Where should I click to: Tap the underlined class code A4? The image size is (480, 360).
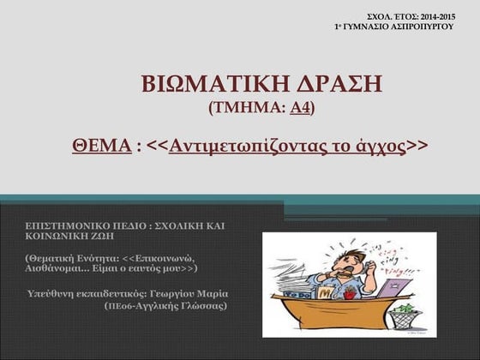[x=300, y=108]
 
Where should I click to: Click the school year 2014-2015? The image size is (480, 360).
[x=435, y=17]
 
